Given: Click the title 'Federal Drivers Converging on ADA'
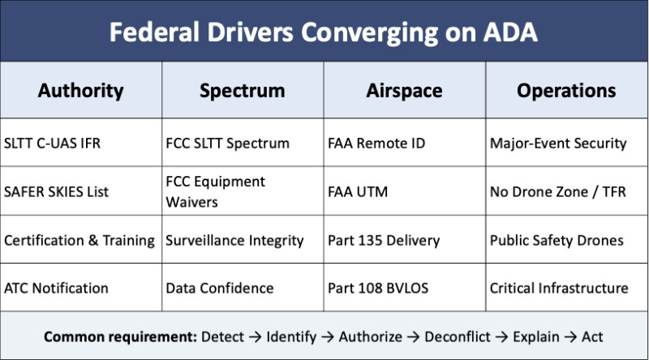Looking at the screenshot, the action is click(323, 32).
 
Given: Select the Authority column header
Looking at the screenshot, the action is click(80, 91).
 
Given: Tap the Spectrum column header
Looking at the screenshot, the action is click(242, 91).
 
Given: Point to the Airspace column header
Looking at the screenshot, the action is click(404, 91).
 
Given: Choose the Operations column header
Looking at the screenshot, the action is click(566, 91).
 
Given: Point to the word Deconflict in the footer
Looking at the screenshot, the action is click(458, 336).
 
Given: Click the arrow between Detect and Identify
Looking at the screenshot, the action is click(255, 337).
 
